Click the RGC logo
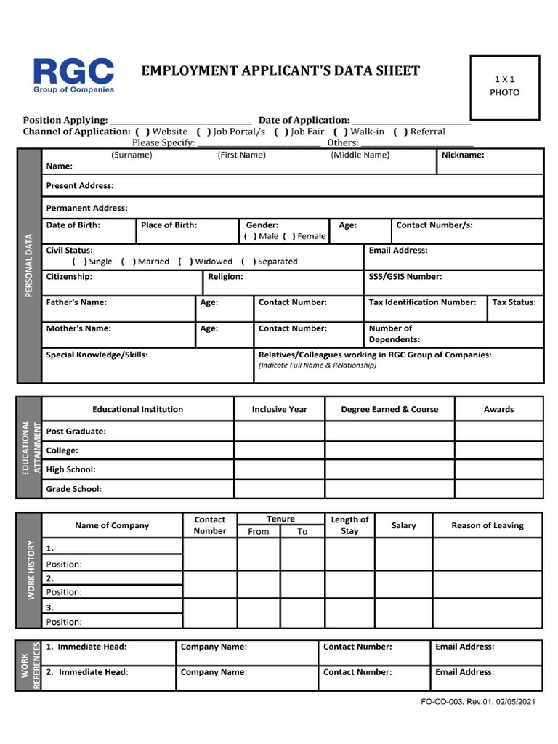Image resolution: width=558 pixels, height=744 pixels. click(x=73, y=76)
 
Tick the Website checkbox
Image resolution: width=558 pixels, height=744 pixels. click(x=142, y=132)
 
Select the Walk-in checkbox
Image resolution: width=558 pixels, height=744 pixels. click(x=340, y=132)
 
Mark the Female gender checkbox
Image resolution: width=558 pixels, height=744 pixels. click(x=288, y=236)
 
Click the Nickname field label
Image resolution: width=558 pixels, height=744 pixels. click(x=463, y=155)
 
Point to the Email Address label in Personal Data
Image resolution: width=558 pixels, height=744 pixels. click(x=398, y=251)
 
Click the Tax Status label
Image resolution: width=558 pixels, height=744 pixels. click(x=514, y=302)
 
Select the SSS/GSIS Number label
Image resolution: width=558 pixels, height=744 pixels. click(x=405, y=277)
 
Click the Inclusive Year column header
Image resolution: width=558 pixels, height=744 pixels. click(x=279, y=409)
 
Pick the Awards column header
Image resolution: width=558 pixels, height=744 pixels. click(x=498, y=409)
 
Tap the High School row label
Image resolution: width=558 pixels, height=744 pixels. click(x=71, y=469)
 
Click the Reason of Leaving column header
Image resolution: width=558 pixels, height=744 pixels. click(x=487, y=525)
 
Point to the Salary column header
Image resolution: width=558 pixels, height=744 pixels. click(x=403, y=525)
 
